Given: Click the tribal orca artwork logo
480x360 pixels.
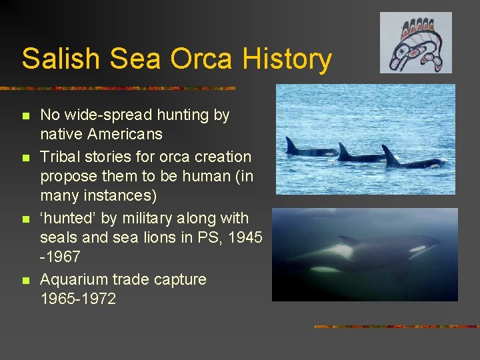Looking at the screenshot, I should [x=415, y=43].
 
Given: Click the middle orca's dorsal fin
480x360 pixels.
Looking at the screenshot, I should [x=343, y=151].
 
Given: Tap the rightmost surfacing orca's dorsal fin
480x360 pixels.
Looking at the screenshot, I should [x=389, y=155].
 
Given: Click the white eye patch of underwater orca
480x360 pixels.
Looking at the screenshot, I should [x=418, y=249].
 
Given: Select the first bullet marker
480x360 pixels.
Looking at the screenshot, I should [x=26, y=116].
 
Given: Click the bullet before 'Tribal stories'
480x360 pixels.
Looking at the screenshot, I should [x=26, y=158].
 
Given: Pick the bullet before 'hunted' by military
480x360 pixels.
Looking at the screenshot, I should [x=26, y=219].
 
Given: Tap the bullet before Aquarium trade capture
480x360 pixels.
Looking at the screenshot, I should [x=26, y=281].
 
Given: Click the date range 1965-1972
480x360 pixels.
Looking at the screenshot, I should [x=78, y=299].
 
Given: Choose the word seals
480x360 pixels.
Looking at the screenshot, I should [x=60, y=237].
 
